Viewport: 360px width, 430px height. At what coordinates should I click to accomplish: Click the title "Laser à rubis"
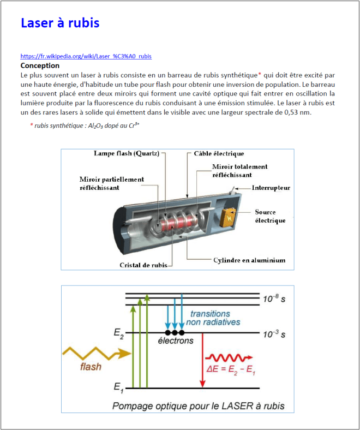pos(60,23)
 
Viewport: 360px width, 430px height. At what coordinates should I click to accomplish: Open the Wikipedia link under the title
pos(86,56)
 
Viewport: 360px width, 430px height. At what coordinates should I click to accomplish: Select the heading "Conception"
pos(40,65)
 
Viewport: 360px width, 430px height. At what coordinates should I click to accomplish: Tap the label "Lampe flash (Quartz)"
pos(126,153)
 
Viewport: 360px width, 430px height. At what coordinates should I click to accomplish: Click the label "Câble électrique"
pos(219,153)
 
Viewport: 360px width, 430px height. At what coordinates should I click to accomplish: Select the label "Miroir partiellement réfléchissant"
pos(112,183)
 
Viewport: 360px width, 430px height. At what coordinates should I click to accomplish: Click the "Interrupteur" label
pos(271,188)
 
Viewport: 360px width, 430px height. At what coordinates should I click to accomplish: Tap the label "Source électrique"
pos(266,216)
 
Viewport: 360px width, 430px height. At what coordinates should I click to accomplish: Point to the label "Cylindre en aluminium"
pos(249,260)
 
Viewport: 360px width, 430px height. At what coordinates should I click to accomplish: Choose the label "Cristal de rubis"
pos(143,265)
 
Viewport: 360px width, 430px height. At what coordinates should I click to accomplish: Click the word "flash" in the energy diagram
pos(90,367)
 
